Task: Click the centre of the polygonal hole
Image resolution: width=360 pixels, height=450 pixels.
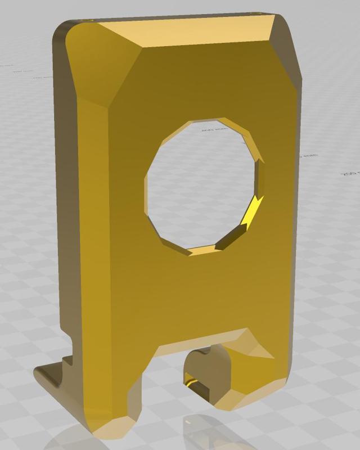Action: [204, 186]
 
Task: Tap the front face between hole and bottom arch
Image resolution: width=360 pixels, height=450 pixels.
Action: [202, 292]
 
